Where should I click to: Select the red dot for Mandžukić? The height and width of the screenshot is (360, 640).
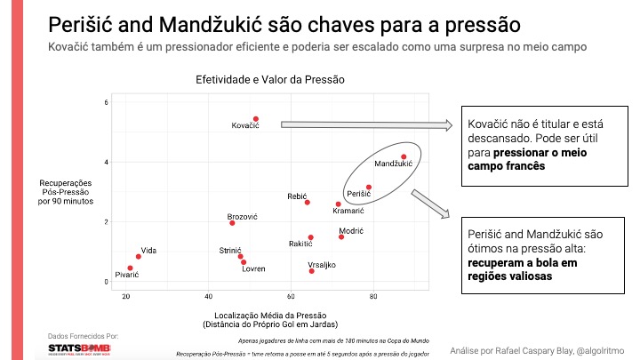pyautogui.click(x=404, y=157)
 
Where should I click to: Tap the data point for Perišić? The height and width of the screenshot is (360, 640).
pyautogui.click(x=369, y=188)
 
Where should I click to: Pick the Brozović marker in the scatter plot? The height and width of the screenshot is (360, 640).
pyautogui.click(x=232, y=223)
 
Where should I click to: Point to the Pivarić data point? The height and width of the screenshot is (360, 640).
pyautogui.click(x=130, y=268)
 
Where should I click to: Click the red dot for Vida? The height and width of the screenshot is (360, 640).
pyautogui.click(x=138, y=256)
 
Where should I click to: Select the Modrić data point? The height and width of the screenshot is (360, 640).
pyautogui.click(x=341, y=236)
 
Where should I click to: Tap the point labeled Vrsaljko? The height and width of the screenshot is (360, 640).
pyautogui.click(x=311, y=270)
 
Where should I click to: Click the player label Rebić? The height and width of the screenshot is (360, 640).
pyautogui.click(x=298, y=196)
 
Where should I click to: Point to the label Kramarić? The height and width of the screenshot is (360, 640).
pyautogui.click(x=348, y=212)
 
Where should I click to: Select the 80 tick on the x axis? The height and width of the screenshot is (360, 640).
pyautogui.click(x=373, y=296)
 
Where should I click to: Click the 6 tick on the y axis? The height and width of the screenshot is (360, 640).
pyautogui.click(x=106, y=102)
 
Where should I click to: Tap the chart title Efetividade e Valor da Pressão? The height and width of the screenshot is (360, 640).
pyautogui.click(x=269, y=80)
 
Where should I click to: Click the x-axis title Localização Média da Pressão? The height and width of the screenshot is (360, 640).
pyautogui.click(x=269, y=316)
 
